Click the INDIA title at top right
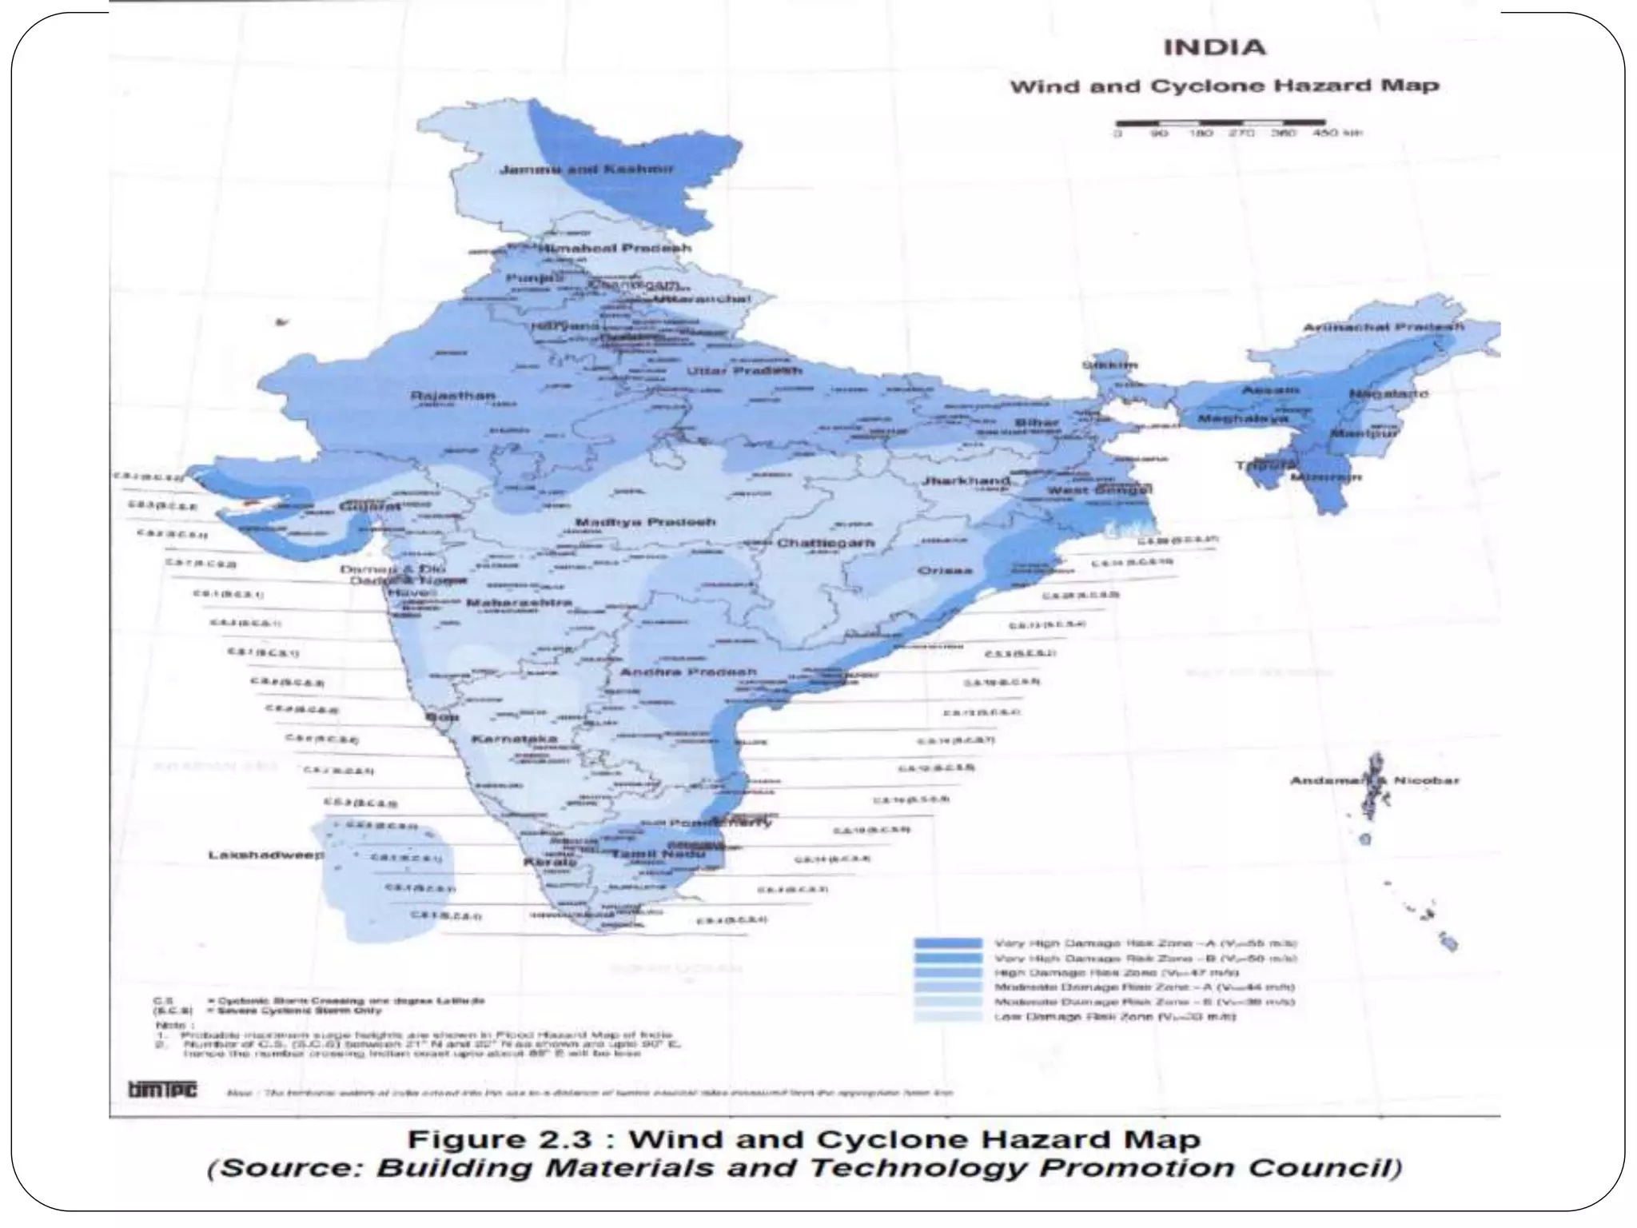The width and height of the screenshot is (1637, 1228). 1214,47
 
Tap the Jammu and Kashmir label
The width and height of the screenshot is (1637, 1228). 587,169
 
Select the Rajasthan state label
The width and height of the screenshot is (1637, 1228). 452,396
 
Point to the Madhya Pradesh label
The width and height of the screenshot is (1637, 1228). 646,522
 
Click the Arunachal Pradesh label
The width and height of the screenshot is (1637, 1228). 1384,327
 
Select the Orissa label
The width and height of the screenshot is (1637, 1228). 945,570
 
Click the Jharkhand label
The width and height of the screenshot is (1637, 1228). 966,480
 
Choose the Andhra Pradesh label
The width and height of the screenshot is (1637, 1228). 688,672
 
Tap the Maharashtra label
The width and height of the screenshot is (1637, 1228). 519,602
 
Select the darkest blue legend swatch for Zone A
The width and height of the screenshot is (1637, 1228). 948,943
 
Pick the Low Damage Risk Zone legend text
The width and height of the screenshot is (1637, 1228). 1115,1017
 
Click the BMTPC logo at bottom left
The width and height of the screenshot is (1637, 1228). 162,1090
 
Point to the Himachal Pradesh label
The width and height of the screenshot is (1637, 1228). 615,248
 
